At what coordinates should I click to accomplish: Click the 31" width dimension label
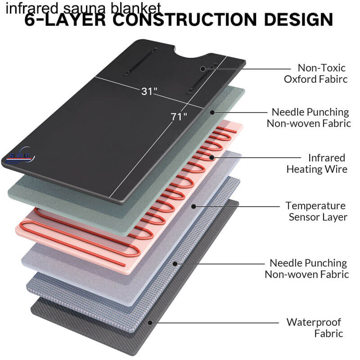tap(149, 91)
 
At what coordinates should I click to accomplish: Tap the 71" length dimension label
tap(179, 117)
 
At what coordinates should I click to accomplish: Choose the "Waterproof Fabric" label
tap(315, 328)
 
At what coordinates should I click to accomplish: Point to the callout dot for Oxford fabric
tap(203, 69)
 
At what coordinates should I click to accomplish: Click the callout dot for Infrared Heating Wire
tap(212, 157)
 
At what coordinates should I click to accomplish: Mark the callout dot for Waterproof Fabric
tap(151, 322)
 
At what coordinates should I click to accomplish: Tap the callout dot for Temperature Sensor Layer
tap(193, 207)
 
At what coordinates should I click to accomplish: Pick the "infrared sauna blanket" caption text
tap(83, 7)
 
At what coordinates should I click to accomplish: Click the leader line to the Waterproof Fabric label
tap(216, 322)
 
